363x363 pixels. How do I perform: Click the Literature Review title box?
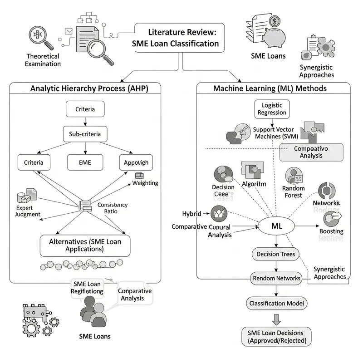179,39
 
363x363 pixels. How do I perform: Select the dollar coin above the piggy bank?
275,21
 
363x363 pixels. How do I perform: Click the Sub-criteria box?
85,134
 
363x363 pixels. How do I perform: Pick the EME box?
85,162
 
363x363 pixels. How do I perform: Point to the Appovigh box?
136,162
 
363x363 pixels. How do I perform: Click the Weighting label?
145,183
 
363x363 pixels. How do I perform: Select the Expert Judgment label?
25,211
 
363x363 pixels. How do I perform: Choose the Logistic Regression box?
272,109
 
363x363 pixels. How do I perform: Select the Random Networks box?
276,278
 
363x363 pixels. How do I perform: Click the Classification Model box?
276,303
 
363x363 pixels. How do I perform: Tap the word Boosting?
331,231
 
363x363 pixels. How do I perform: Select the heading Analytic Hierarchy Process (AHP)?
89,88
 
